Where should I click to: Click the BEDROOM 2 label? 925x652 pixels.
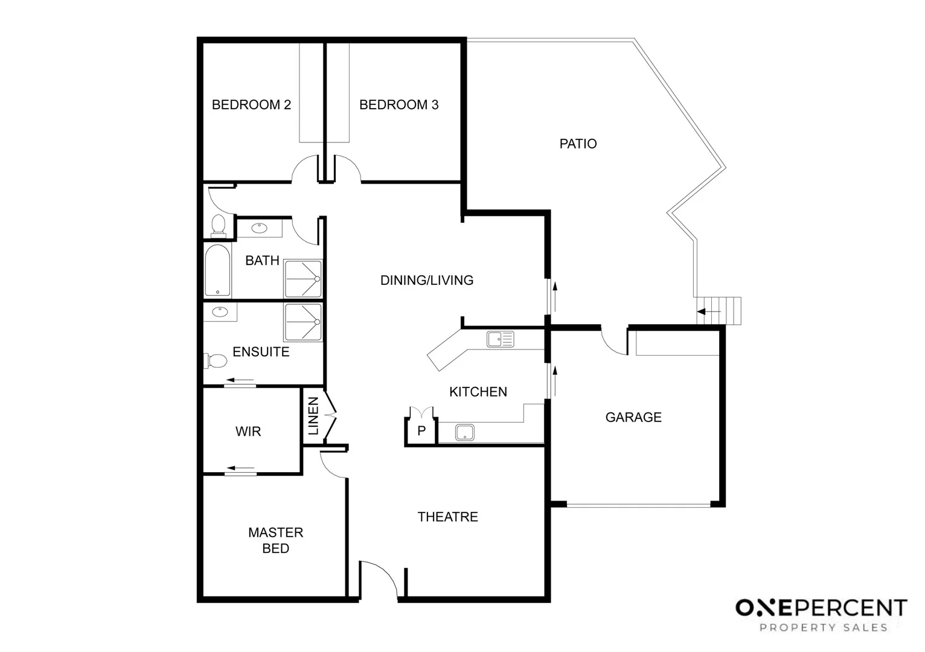click(x=251, y=105)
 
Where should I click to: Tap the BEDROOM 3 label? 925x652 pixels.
click(x=398, y=105)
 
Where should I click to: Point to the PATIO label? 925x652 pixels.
click(x=578, y=144)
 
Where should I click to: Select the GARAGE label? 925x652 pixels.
click(x=633, y=417)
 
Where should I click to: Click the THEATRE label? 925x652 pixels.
click(x=447, y=517)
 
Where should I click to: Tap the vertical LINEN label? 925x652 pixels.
click(x=313, y=416)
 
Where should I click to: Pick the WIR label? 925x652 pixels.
click(x=248, y=432)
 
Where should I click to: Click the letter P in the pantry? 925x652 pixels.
click(x=421, y=430)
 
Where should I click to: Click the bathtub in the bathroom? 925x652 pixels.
click(x=217, y=270)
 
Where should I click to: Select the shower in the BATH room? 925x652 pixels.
click(x=303, y=278)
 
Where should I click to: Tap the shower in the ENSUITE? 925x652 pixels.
click(x=303, y=322)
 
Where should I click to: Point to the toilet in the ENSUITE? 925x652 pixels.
click(x=216, y=360)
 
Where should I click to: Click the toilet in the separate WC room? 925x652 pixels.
click(x=219, y=226)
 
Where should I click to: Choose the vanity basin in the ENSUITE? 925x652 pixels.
click(x=220, y=312)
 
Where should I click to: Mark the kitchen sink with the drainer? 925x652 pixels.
click(x=500, y=339)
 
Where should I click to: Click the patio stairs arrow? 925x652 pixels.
click(x=709, y=312)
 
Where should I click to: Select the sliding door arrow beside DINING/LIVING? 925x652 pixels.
click(x=555, y=296)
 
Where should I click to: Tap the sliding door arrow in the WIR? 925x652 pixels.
click(x=241, y=468)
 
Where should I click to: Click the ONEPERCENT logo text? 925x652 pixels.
click(x=821, y=608)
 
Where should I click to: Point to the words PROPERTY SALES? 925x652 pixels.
click(x=824, y=628)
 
